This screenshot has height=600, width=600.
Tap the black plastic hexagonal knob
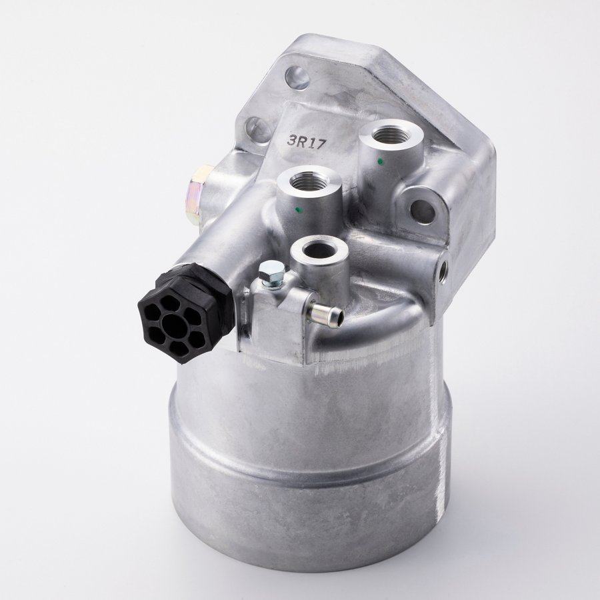tap(185, 308)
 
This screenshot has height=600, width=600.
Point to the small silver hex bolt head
tap(271, 271)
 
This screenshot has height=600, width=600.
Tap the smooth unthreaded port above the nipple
tap(319, 249)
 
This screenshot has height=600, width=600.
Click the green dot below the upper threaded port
tap(379, 161)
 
